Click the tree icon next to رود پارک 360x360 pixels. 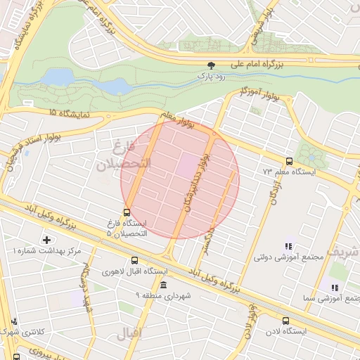point(203,64)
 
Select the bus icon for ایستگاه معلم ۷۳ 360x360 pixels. point(289,161)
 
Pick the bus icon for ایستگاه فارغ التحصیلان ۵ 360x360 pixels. point(127,212)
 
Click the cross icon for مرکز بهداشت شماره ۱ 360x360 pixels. point(47,240)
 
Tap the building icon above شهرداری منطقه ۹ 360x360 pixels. point(163,285)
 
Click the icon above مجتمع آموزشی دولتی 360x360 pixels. point(288,246)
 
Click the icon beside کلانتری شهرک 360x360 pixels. point(14,321)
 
